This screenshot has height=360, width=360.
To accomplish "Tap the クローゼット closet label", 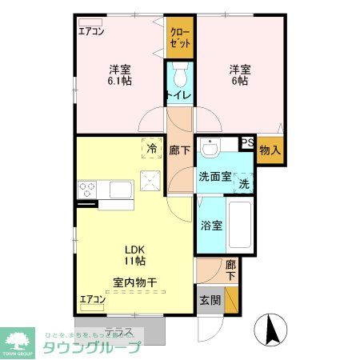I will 180,37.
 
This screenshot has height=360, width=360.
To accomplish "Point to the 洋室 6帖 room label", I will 238,74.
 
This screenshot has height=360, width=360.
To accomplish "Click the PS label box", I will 246,143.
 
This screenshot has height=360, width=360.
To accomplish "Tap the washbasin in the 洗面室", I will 210,149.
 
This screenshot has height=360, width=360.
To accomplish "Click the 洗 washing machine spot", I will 243,182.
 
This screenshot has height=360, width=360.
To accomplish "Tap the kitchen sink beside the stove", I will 120,190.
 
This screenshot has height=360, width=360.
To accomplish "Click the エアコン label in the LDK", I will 92,300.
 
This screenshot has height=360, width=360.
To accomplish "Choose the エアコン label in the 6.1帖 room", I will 91,32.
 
